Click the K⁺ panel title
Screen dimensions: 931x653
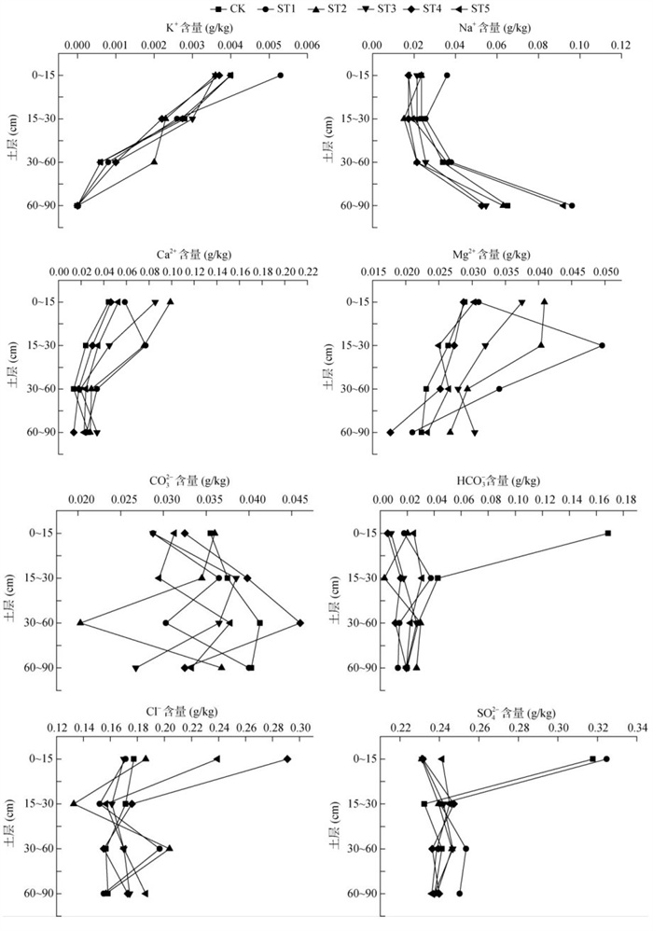pyautogui.click(x=199, y=28)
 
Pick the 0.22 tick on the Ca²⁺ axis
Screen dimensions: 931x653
pyautogui.click(x=308, y=271)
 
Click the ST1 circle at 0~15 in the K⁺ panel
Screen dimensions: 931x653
pyautogui.click(x=280, y=76)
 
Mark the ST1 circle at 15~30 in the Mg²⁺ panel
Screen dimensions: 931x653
pyautogui.click(x=602, y=345)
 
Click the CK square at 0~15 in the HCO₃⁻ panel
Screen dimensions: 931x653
pyautogui.click(x=607, y=534)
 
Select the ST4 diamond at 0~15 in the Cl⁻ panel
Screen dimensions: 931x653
pyautogui.click(x=287, y=759)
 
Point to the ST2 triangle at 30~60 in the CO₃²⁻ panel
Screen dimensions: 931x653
pyautogui.click(x=81, y=622)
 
